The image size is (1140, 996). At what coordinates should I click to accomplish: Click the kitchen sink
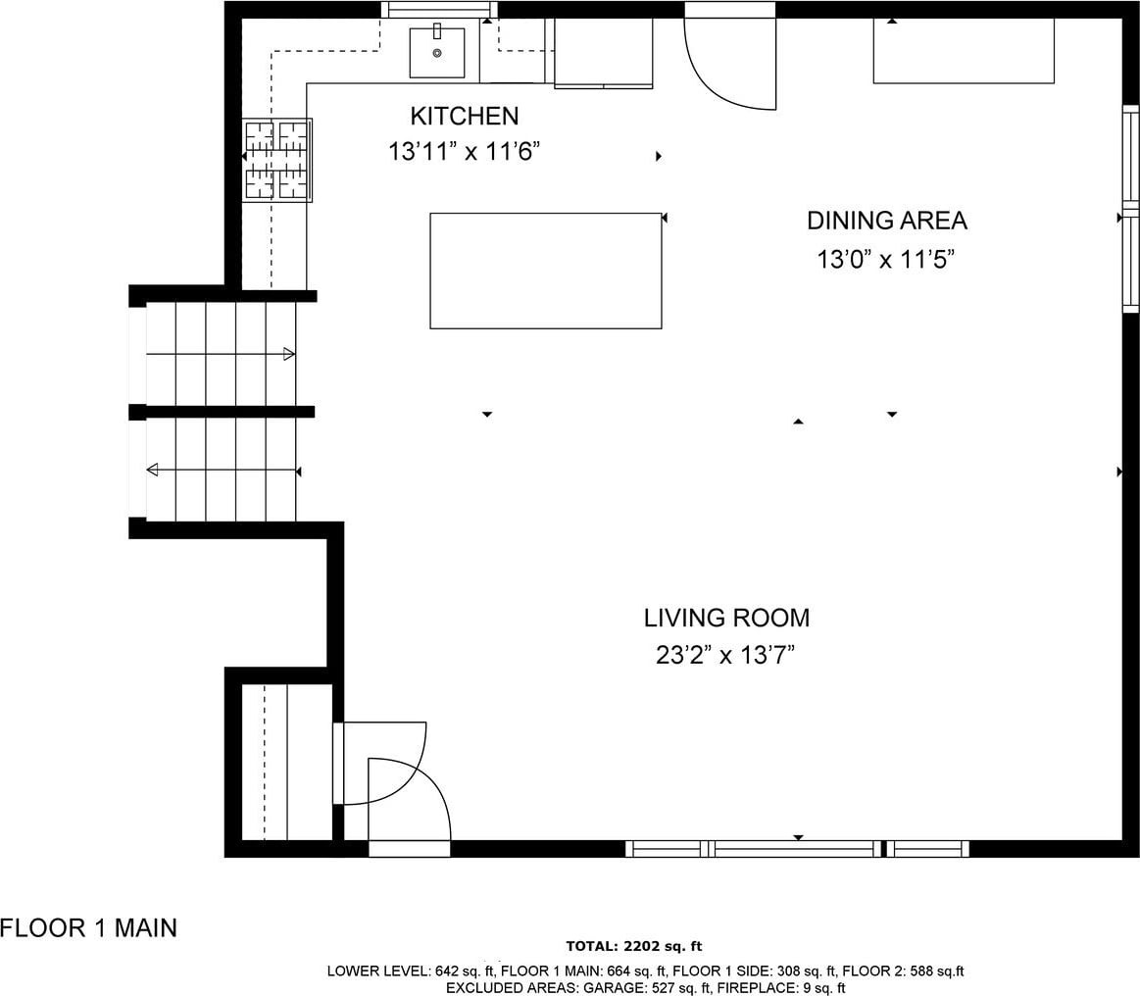(x=437, y=52)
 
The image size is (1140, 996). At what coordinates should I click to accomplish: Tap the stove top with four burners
(x=277, y=160)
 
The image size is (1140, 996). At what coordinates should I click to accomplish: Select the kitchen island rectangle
(x=545, y=271)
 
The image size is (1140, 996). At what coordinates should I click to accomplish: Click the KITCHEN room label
(x=465, y=116)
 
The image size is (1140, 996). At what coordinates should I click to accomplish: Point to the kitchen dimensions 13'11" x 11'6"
(x=464, y=152)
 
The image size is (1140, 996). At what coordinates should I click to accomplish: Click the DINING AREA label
(x=887, y=221)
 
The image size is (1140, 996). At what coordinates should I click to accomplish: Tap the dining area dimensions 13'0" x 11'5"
(x=885, y=259)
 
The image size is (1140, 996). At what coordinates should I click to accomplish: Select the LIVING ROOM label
(x=726, y=618)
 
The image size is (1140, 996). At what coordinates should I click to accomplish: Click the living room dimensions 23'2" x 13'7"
(x=724, y=656)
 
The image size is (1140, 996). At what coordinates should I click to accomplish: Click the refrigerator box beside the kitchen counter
(x=604, y=53)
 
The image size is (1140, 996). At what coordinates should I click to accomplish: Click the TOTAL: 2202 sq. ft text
(x=634, y=946)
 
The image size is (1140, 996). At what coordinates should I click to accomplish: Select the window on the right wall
(x=1130, y=209)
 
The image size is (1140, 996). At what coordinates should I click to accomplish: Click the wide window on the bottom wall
(x=798, y=848)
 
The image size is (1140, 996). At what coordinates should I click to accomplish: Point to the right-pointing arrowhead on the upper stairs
(x=288, y=354)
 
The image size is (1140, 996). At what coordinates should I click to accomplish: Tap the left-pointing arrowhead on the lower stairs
(x=152, y=471)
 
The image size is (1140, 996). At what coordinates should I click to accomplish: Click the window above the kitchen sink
(x=440, y=10)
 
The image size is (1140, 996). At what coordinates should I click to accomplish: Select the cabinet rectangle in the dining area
(x=964, y=50)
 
